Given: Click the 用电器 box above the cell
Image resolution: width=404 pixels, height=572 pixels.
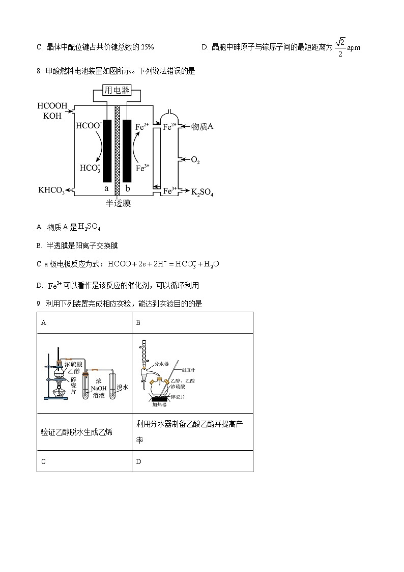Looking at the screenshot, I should [117, 91].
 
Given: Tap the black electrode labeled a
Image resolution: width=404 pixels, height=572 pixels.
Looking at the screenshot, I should [107, 151].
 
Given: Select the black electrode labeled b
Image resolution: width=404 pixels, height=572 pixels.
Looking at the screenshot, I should [127, 151].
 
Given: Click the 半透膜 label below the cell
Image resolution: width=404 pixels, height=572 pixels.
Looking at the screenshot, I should [118, 203].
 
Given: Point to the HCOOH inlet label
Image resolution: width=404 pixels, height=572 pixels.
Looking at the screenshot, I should [52, 106].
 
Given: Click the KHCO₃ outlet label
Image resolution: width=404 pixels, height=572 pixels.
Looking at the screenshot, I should [51, 190].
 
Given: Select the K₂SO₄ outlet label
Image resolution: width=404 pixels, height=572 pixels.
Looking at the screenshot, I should [202, 192].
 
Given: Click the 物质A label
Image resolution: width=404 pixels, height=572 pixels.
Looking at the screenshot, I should [201, 126].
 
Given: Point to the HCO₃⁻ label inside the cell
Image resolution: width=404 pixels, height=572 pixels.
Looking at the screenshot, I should [91, 168].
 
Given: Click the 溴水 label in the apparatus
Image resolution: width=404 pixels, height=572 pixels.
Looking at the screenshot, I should [122, 387].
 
